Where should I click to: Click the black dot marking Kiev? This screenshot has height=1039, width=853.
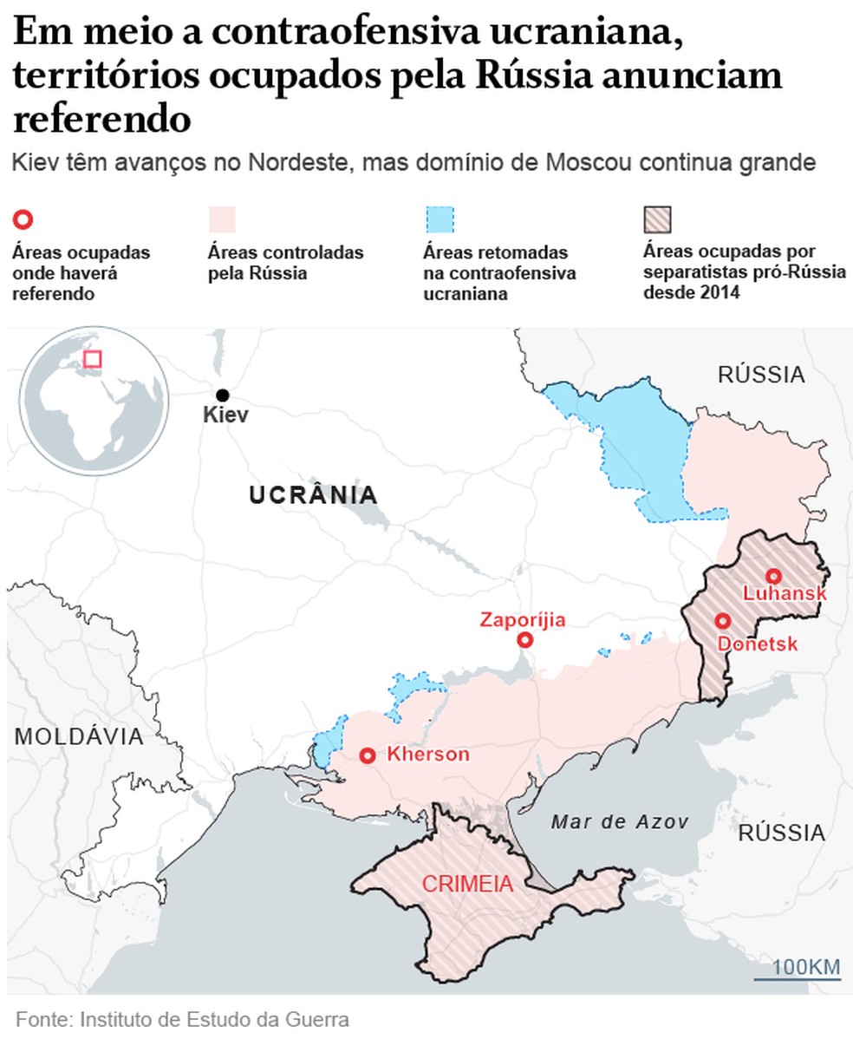(x=223, y=395)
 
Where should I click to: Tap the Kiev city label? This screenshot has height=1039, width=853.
(x=225, y=415)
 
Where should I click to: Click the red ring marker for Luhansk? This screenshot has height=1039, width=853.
(x=773, y=576)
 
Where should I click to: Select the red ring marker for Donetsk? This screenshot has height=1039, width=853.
(x=721, y=620)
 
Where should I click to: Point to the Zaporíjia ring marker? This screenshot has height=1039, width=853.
(x=524, y=640)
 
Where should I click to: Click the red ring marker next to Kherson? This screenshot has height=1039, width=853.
(x=368, y=755)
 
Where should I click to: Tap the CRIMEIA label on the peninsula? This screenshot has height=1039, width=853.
(x=466, y=885)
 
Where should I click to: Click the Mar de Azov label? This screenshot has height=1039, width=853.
(x=619, y=822)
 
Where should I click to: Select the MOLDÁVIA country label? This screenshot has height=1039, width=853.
(x=79, y=737)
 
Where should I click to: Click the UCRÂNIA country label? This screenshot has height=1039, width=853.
(x=313, y=495)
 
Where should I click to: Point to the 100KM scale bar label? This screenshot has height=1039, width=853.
(x=805, y=966)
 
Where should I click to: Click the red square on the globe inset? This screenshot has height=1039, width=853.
(x=92, y=359)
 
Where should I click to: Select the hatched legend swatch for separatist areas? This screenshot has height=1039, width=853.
(x=658, y=219)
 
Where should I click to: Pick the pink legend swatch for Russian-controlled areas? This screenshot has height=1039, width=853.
(x=222, y=219)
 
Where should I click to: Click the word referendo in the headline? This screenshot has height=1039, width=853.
(x=101, y=119)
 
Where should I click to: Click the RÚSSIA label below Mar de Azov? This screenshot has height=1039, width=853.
(x=781, y=833)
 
